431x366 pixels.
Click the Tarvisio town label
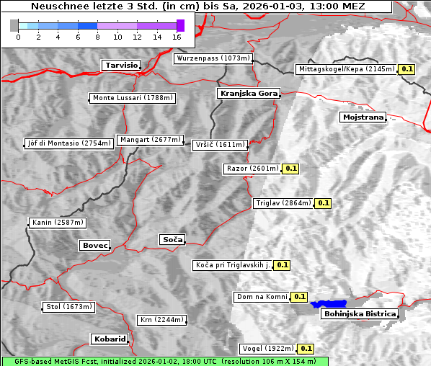pyautogui.click(x=120, y=65)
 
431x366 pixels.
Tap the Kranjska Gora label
pyautogui.click(x=247, y=94)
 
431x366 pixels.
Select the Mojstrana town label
pyautogui.click(x=363, y=117)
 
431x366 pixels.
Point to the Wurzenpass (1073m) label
pyautogui.click(x=213, y=58)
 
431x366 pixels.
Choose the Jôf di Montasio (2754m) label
pyautogui.click(x=69, y=143)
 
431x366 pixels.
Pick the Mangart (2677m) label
pyautogui.click(x=151, y=140)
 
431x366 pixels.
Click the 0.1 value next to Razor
pyautogui.click(x=290, y=169)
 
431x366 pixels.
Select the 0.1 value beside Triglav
pyautogui.click(x=322, y=203)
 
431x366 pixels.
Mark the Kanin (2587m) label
pyautogui.click(x=58, y=223)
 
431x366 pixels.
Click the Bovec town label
pyautogui.click(x=94, y=246)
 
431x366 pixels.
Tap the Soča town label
pyautogui.click(x=172, y=239)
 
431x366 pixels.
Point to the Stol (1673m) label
pyautogui.click(x=69, y=307)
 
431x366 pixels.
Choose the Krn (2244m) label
pyautogui.click(x=161, y=320)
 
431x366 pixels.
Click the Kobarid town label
pyautogui.click(x=110, y=339)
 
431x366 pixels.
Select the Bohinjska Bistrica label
pyautogui.click(x=360, y=313)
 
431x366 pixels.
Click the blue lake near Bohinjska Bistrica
pyautogui.click(x=329, y=304)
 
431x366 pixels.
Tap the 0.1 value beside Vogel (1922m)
pyautogui.click(x=306, y=349)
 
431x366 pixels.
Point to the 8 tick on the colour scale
pyautogui.click(x=97, y=37)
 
